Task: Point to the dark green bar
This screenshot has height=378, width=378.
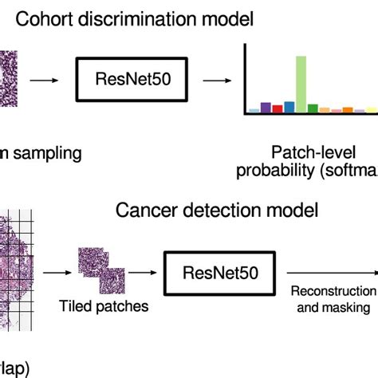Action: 313,107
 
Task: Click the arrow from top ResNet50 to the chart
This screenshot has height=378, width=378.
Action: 214,80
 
